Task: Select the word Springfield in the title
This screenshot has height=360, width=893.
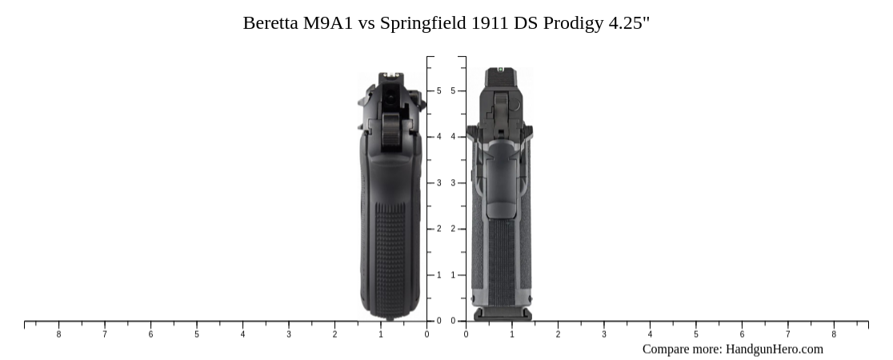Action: pyautogui.click(x=422, y=23)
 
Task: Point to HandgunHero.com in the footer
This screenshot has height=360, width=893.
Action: pyautogui.click(x=774, y=349)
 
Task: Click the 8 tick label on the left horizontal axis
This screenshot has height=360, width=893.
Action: pyautogui.click(x=58, y=334)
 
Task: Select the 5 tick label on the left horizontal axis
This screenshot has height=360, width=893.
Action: pyautogui.click(x=197, y=334)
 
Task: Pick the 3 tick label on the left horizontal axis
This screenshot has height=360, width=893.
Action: pyautogui.click(x=289, y=334)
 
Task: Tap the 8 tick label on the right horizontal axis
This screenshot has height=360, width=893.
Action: pyautogui.click(x=834, y=334)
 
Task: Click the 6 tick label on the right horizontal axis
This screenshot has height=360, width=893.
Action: pyautogui.click(x=742, y=334)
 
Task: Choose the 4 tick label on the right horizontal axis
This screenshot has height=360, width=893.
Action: pyautogui.click(x=650, y=334)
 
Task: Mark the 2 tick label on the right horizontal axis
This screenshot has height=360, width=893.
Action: pyautogui.click(x=558, y=334)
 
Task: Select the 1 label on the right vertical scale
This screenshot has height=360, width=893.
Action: pyautogui.click(x=453, y=275)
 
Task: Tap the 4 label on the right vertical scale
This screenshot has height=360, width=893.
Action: pyautogui.click(x=453, y=137)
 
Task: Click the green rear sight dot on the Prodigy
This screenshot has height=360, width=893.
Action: pyautogui.click(x=500, y=70)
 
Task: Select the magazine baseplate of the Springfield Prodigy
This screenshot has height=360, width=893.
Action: pyautogui.click(x=503, y=314)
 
